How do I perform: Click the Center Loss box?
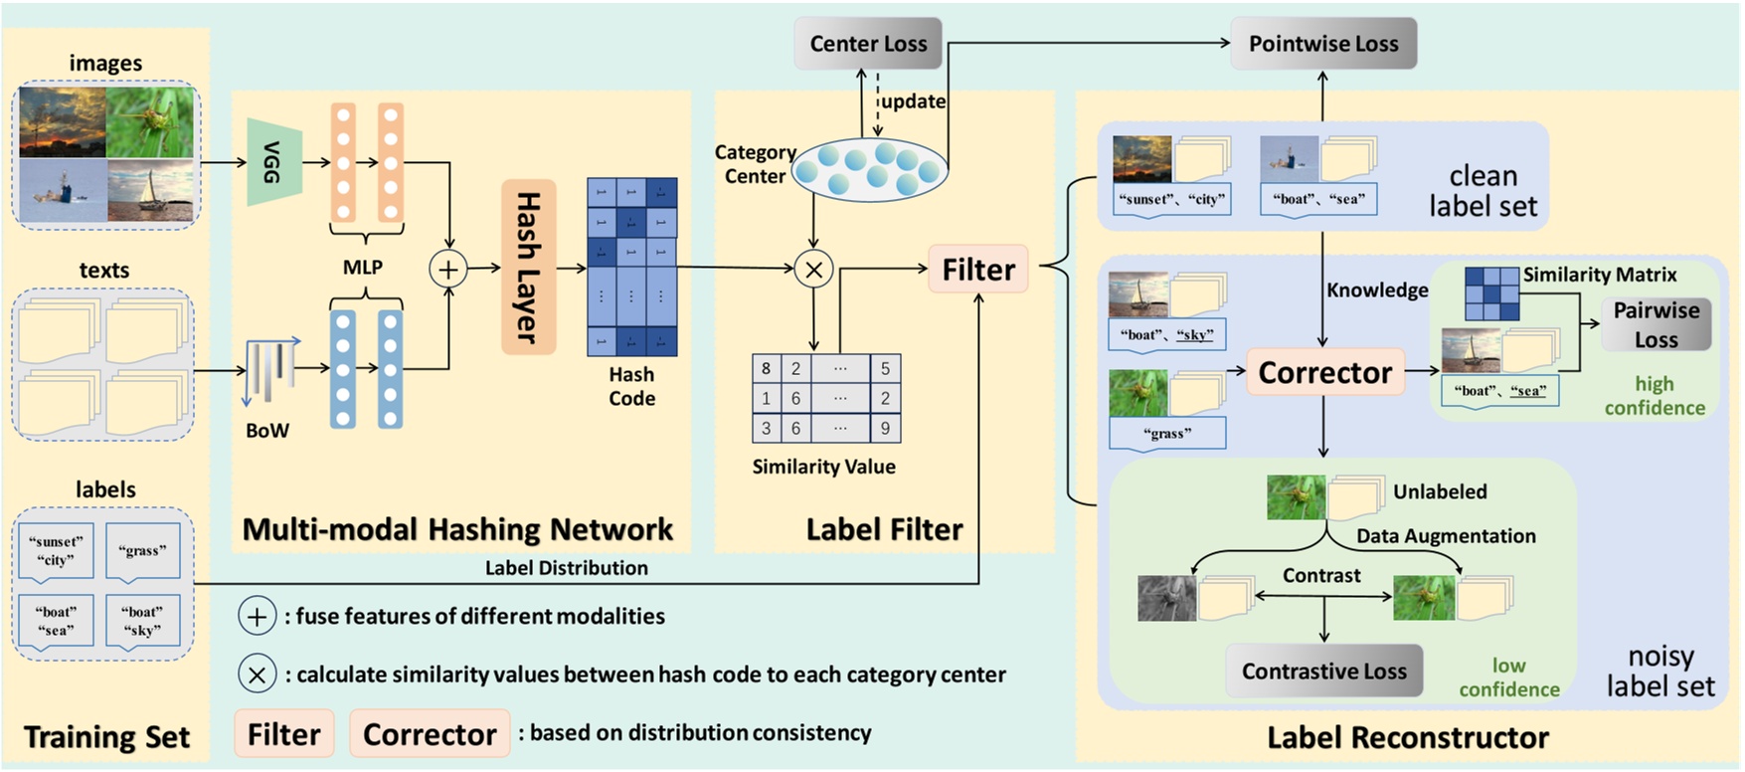(x=867, y=44)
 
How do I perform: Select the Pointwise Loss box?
(x=1322, y=44)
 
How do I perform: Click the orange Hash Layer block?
(x=528, y=267)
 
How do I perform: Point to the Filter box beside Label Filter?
(x=977, y=269)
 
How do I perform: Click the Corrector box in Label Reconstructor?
(x=1324, y=372)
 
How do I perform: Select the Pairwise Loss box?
(x=1656, y=324)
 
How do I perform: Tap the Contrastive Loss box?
(x=1323, y=671)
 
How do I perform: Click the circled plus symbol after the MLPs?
(x=448, y=269)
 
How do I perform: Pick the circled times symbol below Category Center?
(x=813, y=269)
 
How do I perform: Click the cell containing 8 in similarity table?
(x=766, y=368)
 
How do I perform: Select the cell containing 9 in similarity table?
(x=885, y=429)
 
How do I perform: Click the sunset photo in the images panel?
(x=63, y=122)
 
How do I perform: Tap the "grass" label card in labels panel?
(x=142, y=551)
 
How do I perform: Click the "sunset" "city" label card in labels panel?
(x=56, y=551)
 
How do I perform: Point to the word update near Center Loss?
(x=913, y=101)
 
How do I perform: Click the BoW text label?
(x=266, y=430)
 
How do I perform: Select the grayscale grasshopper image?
(x=1167, y=598)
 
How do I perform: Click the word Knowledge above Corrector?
(x=1377, y=289)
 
